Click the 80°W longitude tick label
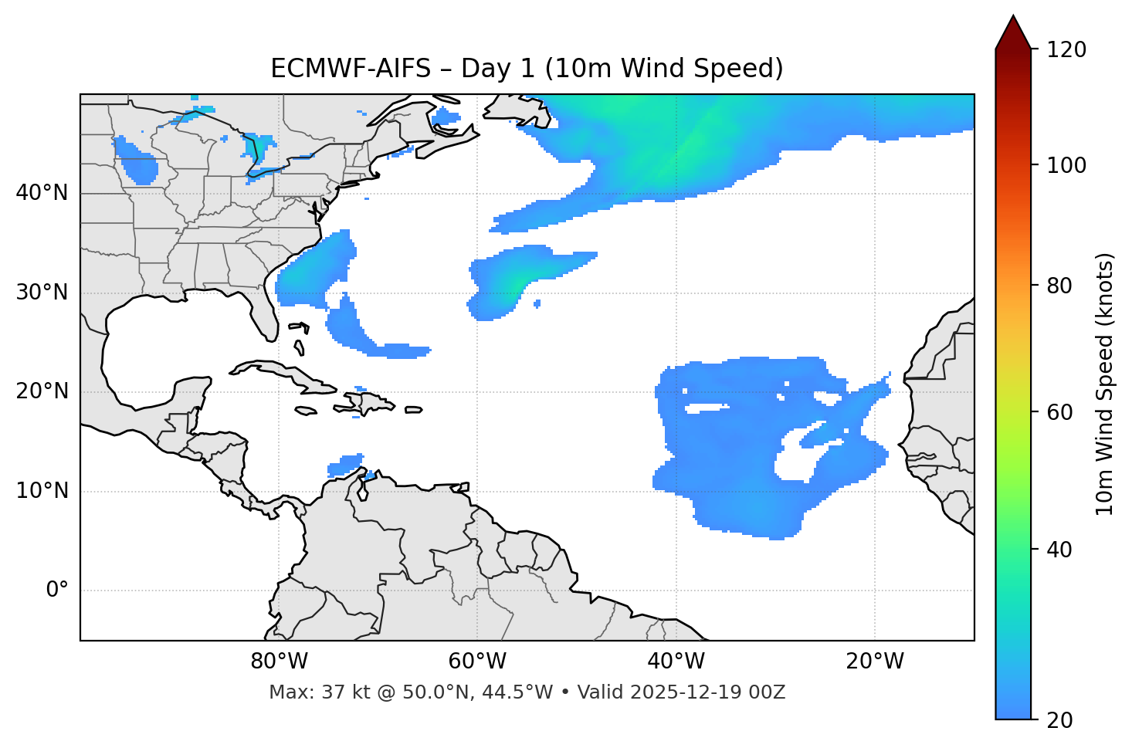pos(279,662)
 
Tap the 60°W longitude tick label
pos(476,662)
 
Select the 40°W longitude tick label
pos(676,662)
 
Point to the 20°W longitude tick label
pos(874,662)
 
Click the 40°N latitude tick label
pos(42,193)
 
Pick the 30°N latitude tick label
pos(42,293)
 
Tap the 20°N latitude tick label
pos(42,391)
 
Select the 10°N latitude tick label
pos(42,491)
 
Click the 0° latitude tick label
pos(57,591)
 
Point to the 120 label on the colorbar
pos(1066,50)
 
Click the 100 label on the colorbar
pos(1066,165)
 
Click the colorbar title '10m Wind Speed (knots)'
pos(1105,384)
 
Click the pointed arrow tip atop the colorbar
pos(1013,19)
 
